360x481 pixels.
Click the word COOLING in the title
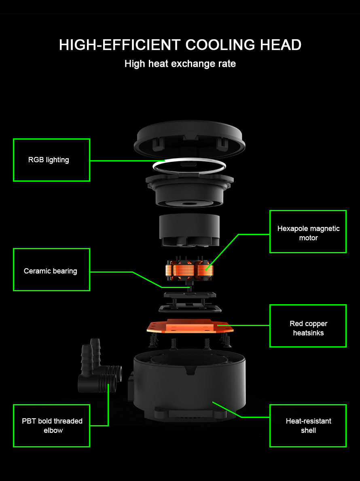220,45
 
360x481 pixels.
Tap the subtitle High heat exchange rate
180,64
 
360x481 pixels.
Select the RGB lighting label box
51,160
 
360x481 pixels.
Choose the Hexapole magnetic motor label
308,232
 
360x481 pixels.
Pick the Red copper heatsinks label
308,326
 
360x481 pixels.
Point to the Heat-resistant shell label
308,426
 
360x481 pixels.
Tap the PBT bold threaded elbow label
51,426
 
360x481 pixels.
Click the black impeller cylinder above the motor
190,230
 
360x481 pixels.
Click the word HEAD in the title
281,45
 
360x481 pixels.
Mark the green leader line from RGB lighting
127,161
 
